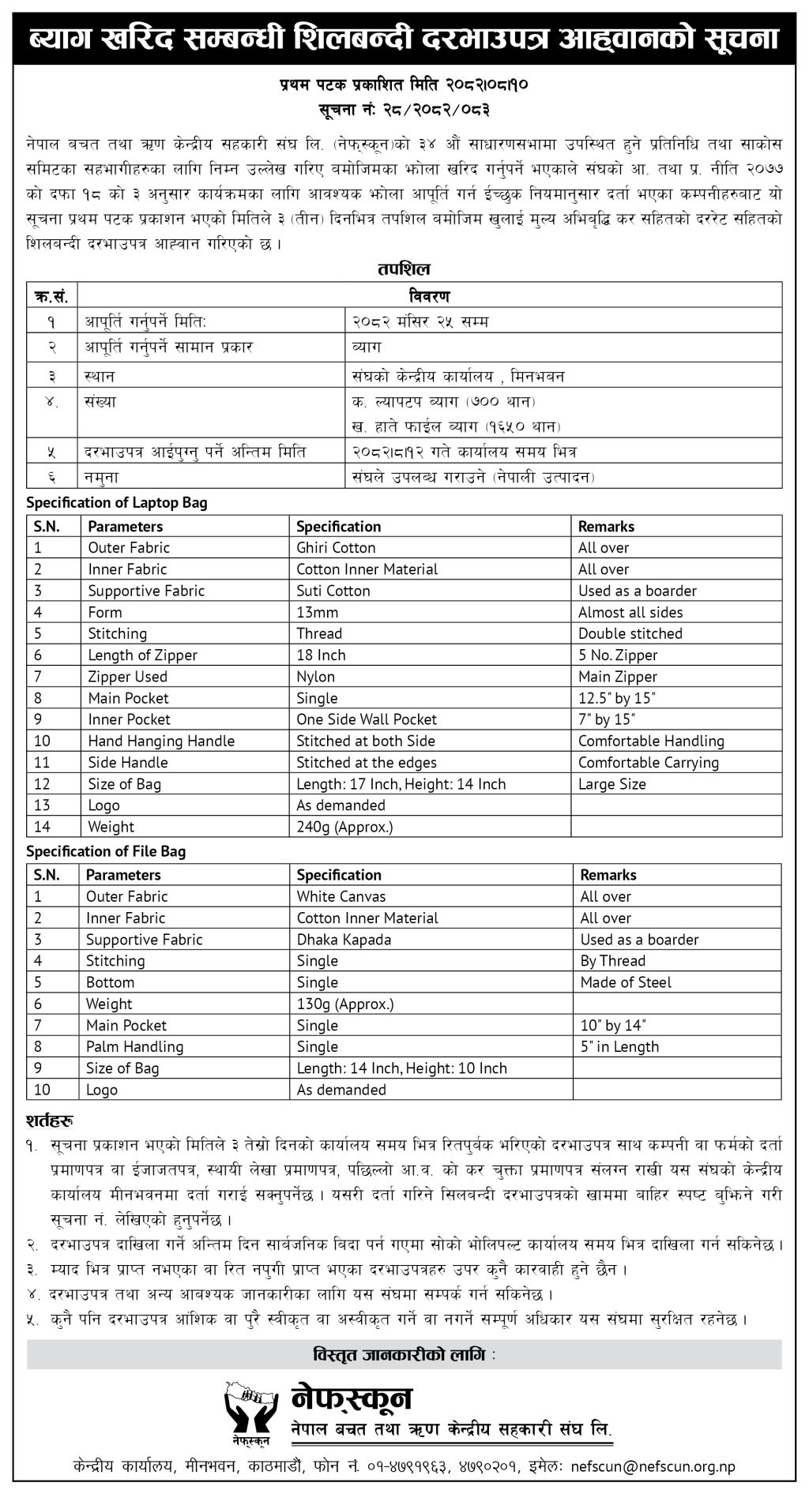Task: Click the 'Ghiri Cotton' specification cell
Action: point(336,548)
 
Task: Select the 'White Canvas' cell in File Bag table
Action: point(341,896)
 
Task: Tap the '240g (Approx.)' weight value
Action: point(344,827)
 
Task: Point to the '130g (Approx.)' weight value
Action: point(344,1004)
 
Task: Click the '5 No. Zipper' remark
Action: point(617,655)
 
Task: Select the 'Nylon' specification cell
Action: point(315,677)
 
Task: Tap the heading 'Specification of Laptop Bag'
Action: point(117,503)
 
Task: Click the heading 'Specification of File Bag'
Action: point(106,851)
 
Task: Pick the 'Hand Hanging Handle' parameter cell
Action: point(161,741)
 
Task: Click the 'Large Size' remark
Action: point(611,784)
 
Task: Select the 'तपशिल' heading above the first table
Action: point(404,269)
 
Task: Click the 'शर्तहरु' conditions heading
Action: point(50,1121)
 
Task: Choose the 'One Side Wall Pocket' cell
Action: point(366,719)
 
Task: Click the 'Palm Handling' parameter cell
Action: point(134,1047)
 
